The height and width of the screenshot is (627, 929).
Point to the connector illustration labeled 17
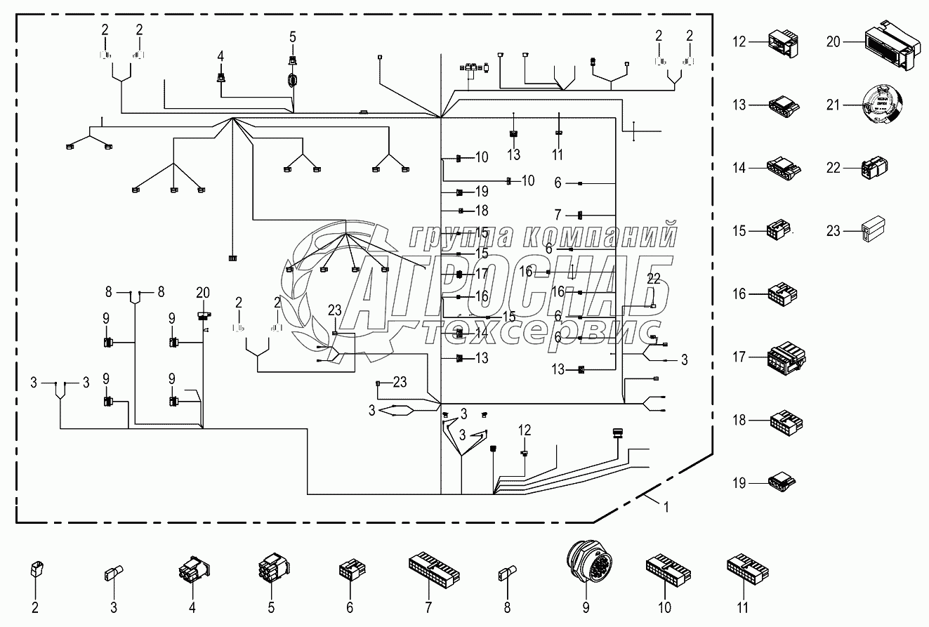(787, 357)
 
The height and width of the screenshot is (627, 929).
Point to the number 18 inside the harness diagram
(481, 210)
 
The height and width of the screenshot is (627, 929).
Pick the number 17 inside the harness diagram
(482, 272)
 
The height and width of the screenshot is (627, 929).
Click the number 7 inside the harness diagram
(558, 213)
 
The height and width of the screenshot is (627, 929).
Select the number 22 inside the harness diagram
(654, 279)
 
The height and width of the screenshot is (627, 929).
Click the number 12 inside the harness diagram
(525, 429)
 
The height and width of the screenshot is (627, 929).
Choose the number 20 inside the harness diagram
(203, 292)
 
